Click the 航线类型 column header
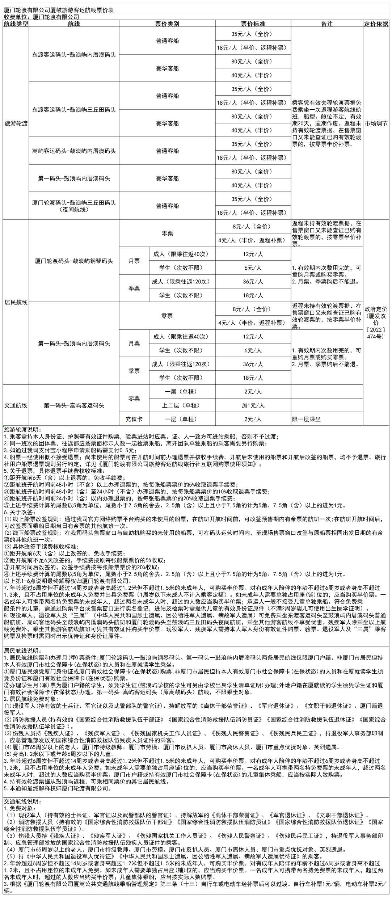point(16,24)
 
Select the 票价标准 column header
point(253,24)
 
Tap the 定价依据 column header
point(376,24)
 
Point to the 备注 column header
point(326,24)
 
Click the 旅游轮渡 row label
point(16,123)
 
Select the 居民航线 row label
point(16,302)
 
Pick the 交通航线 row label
point(16,405)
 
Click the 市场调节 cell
point(376,123)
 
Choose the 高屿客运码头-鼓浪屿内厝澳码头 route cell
point(74,151)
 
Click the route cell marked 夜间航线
point(74,206)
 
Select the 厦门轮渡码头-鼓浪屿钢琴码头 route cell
point(74,261)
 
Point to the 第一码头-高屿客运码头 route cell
point(74,405)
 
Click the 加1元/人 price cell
point(253,405)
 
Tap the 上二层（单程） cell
point(181,405)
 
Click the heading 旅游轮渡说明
point(23,430)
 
